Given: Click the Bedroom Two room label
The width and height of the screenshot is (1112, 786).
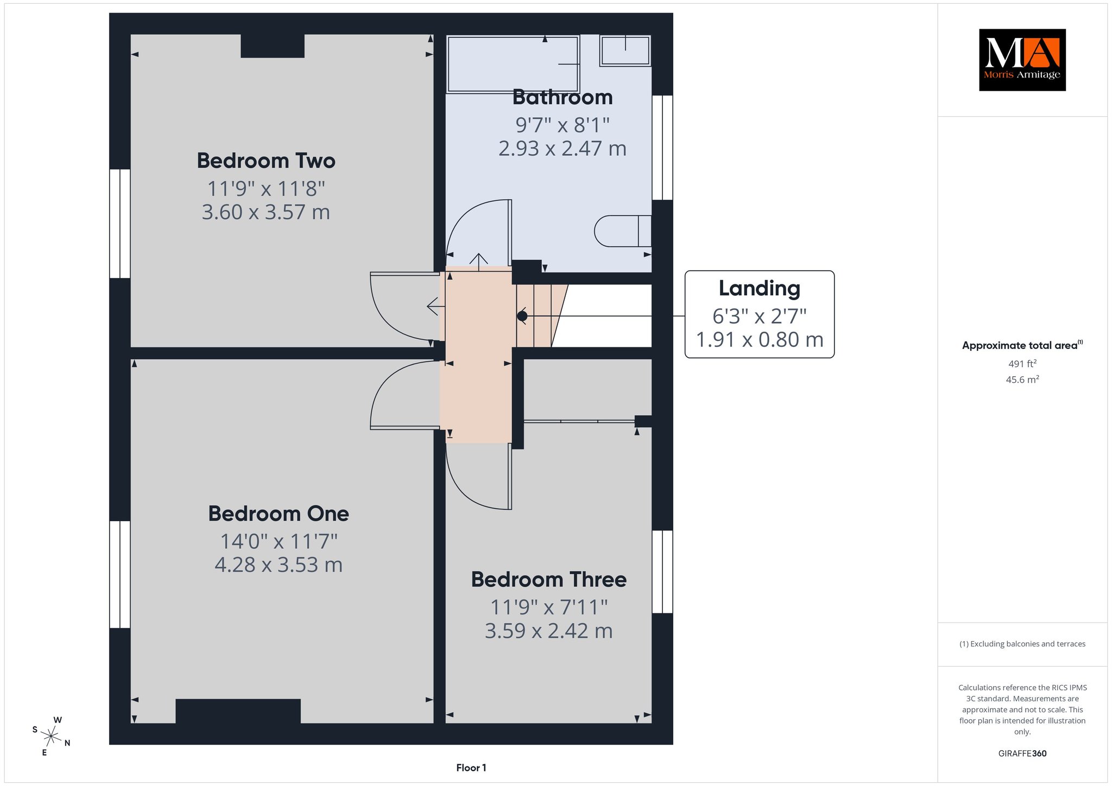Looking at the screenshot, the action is (266, 161).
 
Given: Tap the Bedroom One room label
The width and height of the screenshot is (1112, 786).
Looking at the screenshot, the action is (279, 514).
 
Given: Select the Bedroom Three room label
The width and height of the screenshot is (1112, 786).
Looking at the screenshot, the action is (549, 579).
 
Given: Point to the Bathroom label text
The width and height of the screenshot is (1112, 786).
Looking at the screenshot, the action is (563, 98).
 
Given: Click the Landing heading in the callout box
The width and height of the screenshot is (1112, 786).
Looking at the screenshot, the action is (759, 289).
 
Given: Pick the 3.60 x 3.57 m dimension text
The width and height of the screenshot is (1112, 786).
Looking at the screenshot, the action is (266, 212).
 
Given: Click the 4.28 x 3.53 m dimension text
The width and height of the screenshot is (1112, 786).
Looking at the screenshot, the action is (279, 565).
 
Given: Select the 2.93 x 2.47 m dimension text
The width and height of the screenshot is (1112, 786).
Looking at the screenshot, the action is (563, 148).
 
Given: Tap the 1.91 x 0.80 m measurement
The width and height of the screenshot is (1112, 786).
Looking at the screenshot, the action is (760, 340).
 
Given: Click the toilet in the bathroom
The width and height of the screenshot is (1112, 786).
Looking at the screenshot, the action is (623, 231).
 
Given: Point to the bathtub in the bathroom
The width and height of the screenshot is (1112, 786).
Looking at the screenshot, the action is (513, 64).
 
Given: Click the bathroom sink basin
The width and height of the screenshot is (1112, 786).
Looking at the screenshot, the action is (625, 51).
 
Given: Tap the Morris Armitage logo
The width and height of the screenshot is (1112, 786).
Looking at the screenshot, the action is (1022, 60).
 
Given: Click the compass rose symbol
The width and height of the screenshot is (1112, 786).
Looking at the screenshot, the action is (51, 737).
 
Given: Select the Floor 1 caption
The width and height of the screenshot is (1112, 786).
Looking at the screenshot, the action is (471, 768).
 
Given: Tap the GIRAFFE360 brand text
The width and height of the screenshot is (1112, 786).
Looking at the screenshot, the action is (1022, 753).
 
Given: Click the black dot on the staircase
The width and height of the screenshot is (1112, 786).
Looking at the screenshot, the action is (522, 316).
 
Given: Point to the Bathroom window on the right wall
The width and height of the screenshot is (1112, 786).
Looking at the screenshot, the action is (662, 148).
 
